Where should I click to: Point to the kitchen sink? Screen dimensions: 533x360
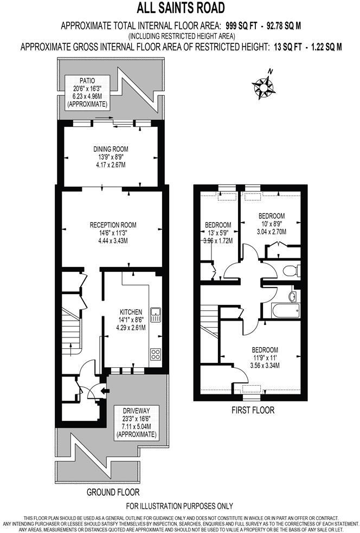(155, 314)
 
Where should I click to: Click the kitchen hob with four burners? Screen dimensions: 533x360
(155, 354)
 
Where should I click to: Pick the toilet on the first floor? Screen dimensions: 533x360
(291, 269)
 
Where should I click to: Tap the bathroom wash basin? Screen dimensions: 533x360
(293, 296)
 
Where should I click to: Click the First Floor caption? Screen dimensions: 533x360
(252, 410)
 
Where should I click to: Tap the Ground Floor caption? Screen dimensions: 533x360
(113, 492)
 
